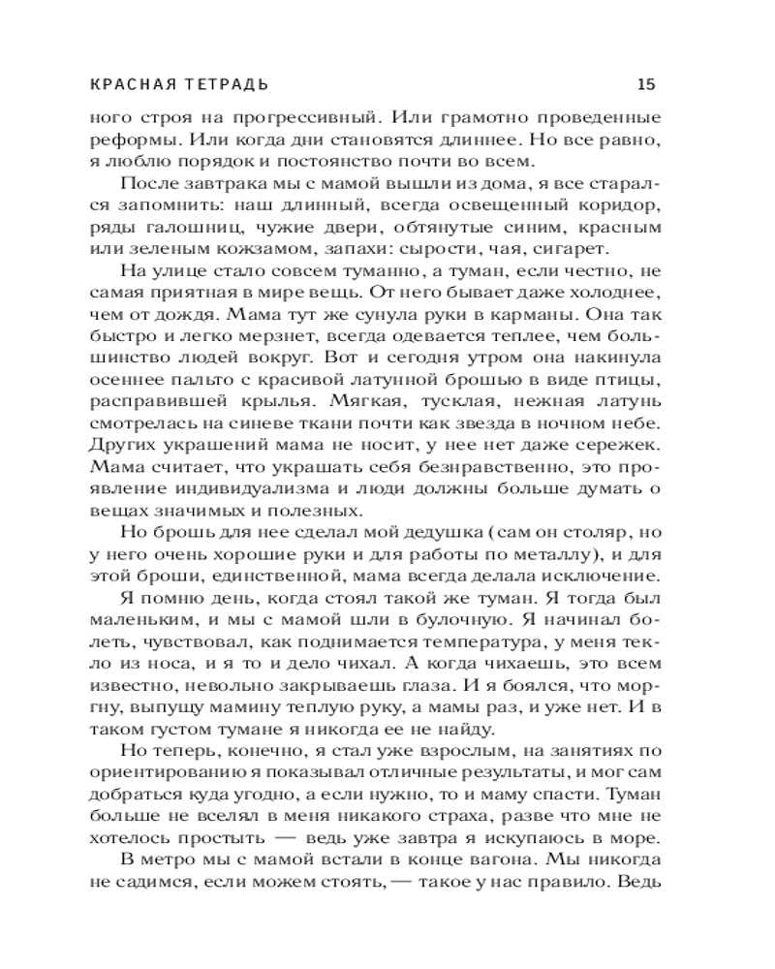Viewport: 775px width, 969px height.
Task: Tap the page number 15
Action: pos(646,83)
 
